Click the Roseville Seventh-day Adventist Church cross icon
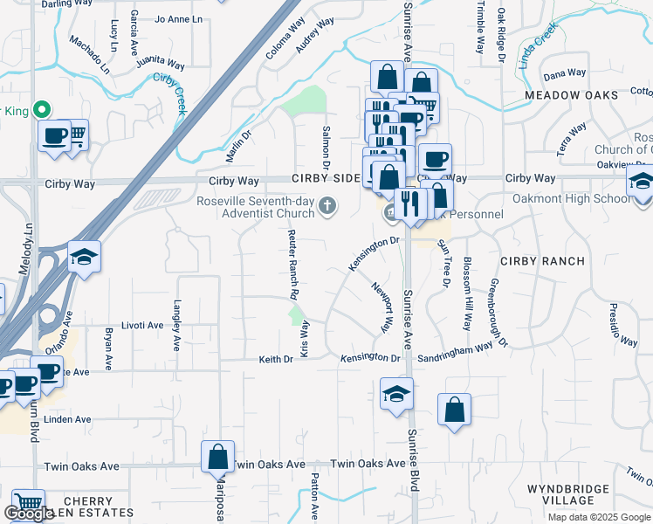coord(327,207)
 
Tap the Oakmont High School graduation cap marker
coord(641,183)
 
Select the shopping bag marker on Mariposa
coord(217,456)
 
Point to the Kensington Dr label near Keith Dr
coord(370,357)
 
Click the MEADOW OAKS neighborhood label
coord(571,94)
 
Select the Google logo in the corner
coord(30,514)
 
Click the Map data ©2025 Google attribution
coord(599,517)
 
